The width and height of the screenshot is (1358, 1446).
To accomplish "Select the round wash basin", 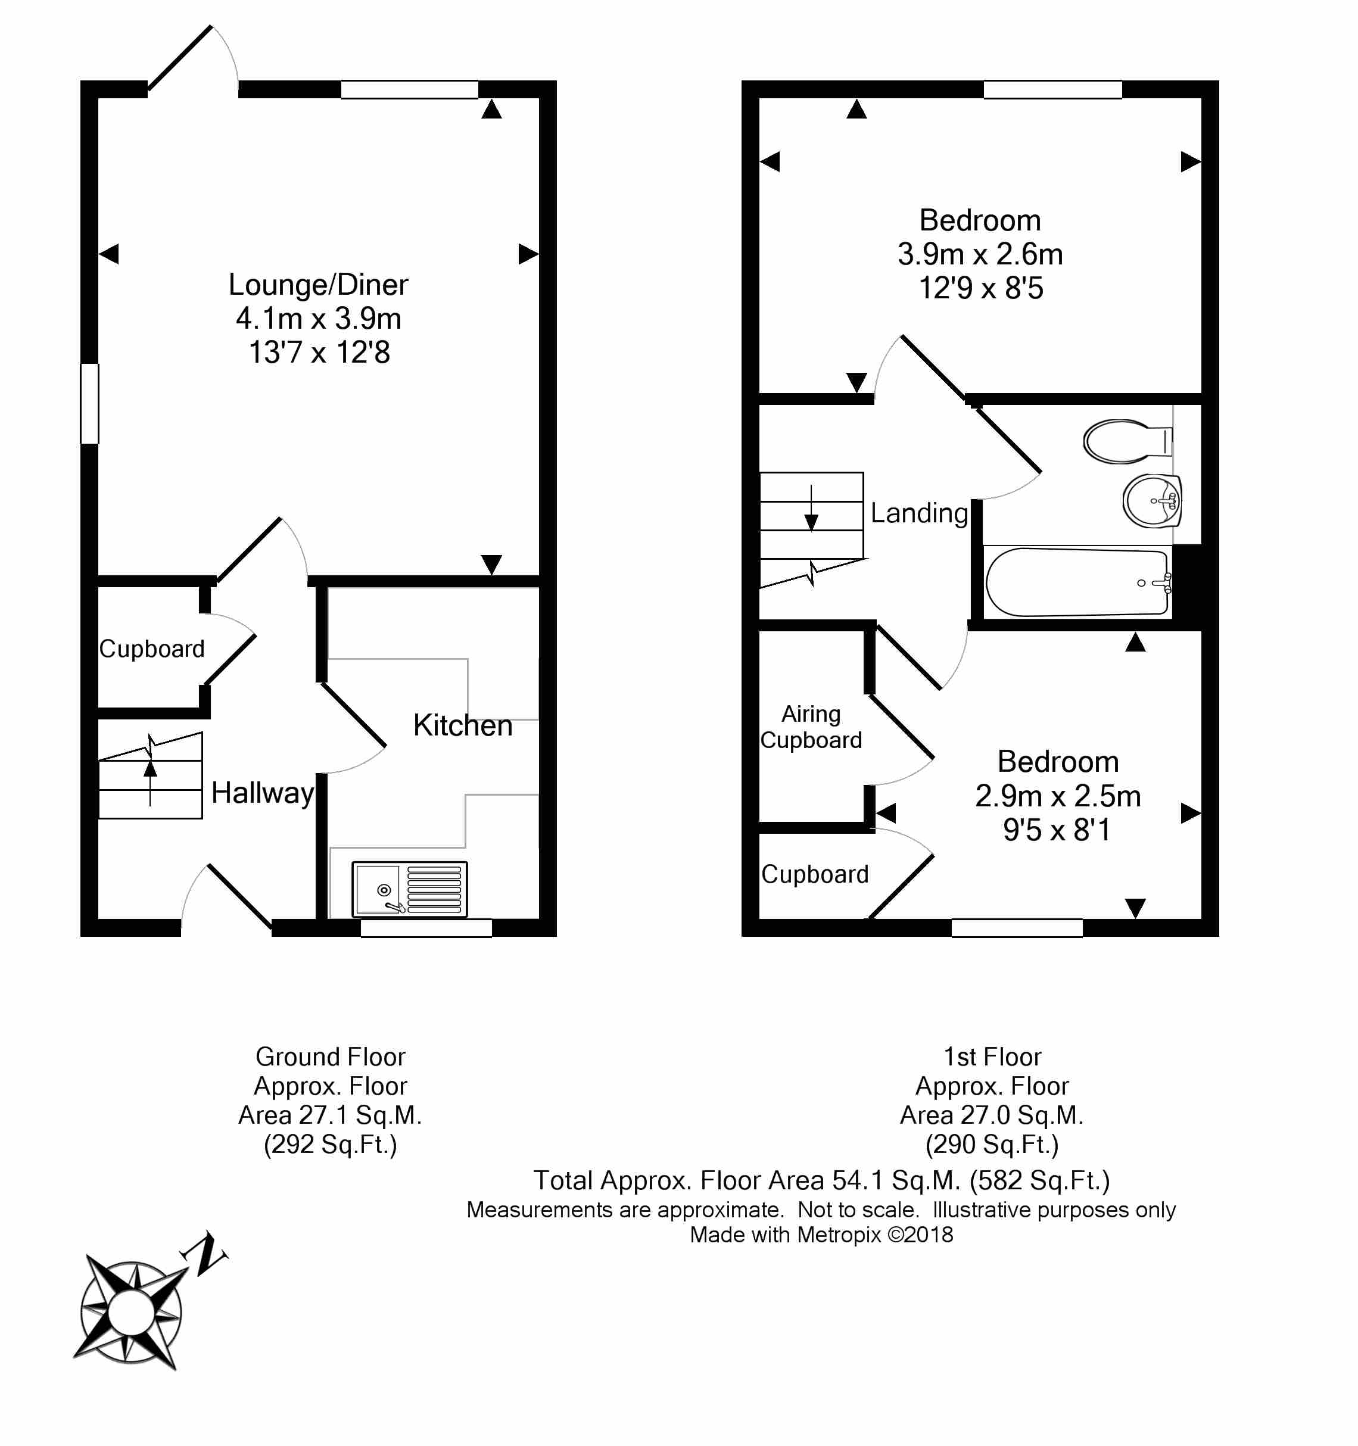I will [x=1151, y=500].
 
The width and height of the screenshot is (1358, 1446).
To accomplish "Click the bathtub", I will [x=1076, y=582].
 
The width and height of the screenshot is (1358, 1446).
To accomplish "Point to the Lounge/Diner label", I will [x=319, y=285].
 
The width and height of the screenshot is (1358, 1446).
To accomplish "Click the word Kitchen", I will [x=463, y=725].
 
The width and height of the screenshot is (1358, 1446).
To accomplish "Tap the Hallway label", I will [x=263, y=792].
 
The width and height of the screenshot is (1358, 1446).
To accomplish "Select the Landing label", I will [x=920, y=513].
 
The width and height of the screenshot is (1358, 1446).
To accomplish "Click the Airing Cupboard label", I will [x=811, y=727].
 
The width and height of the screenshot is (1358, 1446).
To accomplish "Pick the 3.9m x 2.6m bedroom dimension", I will [x=980, y=254].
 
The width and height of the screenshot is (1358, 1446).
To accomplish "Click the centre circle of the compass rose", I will [x=131, y=1313].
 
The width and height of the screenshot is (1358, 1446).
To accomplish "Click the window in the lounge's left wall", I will [x=89, y=404].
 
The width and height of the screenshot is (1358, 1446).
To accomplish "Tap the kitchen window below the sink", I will [x=426, y=927].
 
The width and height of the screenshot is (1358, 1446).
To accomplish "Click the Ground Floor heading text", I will [x=330, y=1056].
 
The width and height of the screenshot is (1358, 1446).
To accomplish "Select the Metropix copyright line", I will [x=821, y=1235].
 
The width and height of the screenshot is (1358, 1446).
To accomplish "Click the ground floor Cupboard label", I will [x=152, y=648].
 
